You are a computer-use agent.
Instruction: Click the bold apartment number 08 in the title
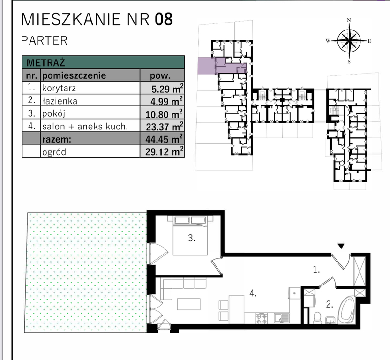pos(164,19)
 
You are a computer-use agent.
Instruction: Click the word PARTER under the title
pos(44,41)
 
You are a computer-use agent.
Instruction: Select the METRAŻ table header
pos(45,62)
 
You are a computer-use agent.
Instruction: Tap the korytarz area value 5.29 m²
pos(168,89)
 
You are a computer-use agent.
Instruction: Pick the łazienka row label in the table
pos(60,101)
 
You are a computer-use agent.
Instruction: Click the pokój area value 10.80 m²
pos(164,114)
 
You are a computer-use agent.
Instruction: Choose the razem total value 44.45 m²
pos(164,139)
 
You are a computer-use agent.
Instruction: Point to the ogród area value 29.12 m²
pos(164,151)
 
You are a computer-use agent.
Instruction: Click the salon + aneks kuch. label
pos(85,127)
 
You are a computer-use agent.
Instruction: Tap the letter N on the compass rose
pos(349,20)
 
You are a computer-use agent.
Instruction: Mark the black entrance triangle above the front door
pos(341,246)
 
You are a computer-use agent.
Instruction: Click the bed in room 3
pos(190,235)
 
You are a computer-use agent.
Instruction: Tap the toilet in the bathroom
pos(317,318)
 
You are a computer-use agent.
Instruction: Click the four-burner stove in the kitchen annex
pos(262,318)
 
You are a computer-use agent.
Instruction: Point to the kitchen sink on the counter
pos(282,318)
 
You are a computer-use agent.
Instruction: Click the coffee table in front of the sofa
pos(189,304)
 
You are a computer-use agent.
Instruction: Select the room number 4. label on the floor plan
pos(253,293)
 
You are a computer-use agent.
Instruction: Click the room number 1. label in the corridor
pos(316,270)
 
